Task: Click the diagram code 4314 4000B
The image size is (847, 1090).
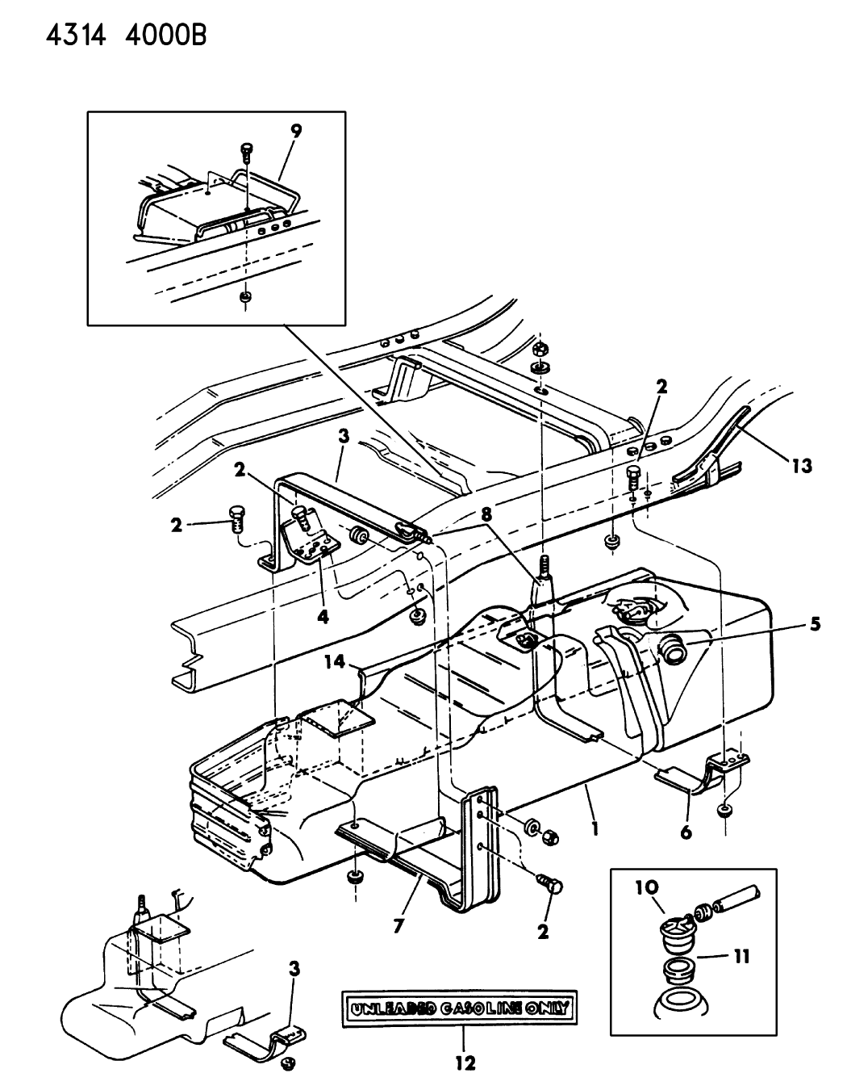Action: (x=127, y=36)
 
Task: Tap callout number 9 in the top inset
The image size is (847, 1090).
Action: (x=295, y=132)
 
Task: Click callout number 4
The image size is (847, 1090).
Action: (x=323, y=617)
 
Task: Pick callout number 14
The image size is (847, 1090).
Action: (x=335, y=662)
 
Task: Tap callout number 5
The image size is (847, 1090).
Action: (x=815, y=624)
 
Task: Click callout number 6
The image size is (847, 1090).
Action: (x=686, y=832)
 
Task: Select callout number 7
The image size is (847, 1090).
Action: (x=398, y=926)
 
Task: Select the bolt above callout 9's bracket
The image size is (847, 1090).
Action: (x=246, y=150)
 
